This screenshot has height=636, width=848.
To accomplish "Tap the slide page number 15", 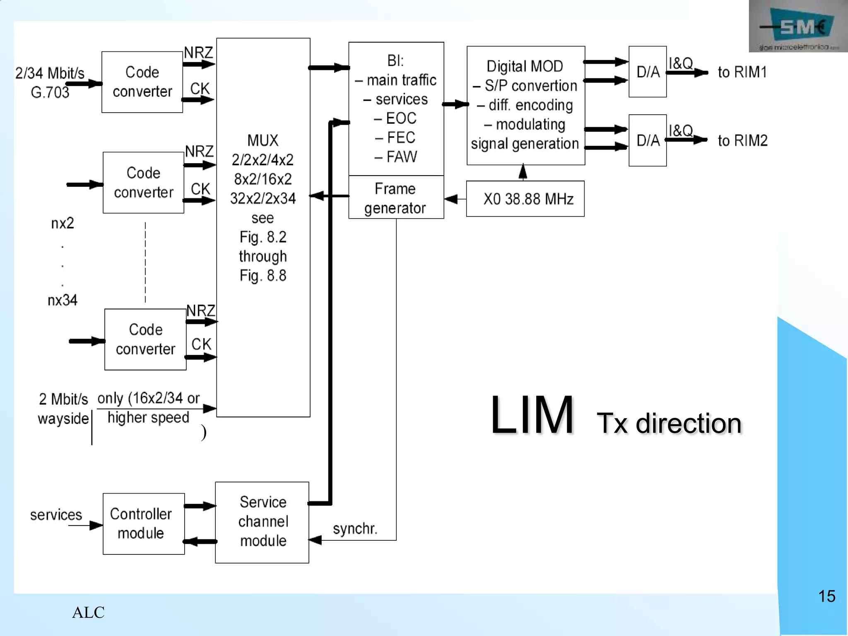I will click(826, 596).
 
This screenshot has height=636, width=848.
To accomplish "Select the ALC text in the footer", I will click(88, 612).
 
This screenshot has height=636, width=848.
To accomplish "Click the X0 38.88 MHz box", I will click(525, 199).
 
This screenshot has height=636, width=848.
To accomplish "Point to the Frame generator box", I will click(396, 198).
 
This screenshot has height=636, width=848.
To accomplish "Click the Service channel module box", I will click(262, 522).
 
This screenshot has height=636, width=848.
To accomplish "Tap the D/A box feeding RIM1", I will click(647, 72).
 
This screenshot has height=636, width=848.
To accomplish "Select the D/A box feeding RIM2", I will click(647, 140).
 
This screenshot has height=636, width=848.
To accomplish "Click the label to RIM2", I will click(742, 141).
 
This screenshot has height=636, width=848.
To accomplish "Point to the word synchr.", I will click(355, 529).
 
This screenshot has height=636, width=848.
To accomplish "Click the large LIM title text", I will click(532, 415).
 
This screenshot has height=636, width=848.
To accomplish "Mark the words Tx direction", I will click(669, 423).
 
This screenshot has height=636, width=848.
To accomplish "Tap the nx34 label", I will click(63, 300).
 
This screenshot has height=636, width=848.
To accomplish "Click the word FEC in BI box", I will click(400, 137).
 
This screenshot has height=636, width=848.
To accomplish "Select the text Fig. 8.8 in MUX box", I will click(263, 275).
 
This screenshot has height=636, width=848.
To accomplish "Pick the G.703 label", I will click(50, 92).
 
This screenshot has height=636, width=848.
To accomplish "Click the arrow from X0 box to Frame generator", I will click(455, 199).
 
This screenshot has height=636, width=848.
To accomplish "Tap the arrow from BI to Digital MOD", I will click(455, 104).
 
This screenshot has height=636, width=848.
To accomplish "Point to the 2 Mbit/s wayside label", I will click(63, 409).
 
